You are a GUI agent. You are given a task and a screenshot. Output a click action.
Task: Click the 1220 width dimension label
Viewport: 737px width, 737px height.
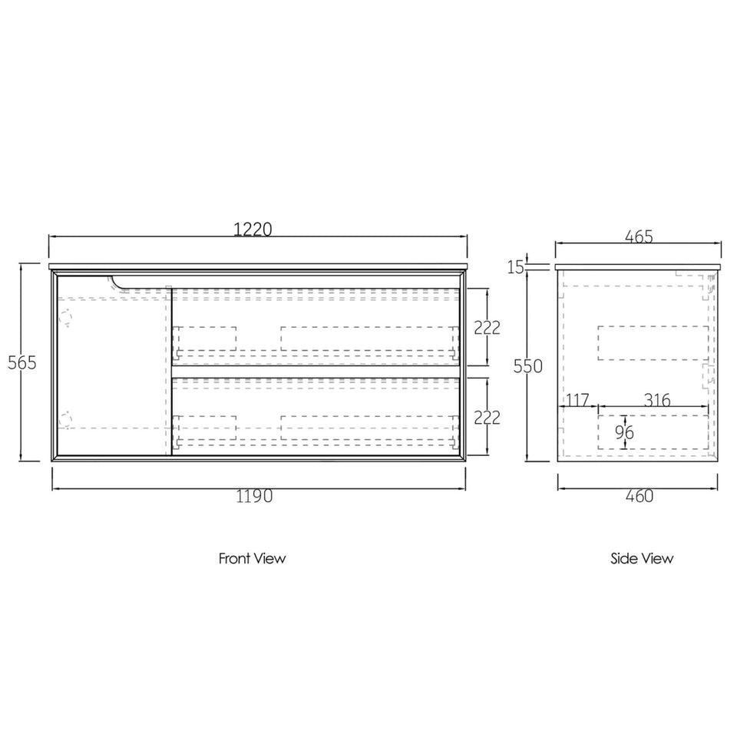click(x=253, y=229)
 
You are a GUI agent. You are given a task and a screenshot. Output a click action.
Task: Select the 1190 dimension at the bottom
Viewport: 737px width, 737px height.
click(x=254, y=496)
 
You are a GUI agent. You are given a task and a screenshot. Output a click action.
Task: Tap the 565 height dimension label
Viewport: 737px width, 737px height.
click(x=22, y=362)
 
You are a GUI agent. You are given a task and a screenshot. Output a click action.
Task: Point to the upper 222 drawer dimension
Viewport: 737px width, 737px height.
click(x=487, y=328)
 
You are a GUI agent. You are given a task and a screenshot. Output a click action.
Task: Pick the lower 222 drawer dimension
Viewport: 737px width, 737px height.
click(x=487, y=418)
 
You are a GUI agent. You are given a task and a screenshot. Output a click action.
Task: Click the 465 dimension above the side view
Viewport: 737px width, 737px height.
click(x=639, y=236)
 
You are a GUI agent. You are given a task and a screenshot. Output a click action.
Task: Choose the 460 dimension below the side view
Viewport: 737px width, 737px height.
click(x=640, y=496)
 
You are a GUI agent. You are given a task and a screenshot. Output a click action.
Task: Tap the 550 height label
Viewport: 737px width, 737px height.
click(x=528, y=365)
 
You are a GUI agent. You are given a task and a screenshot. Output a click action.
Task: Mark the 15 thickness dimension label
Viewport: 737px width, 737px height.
click(x=516, y=267)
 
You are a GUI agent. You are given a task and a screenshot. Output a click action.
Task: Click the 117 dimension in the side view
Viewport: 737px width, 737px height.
click(x=577, y=400)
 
